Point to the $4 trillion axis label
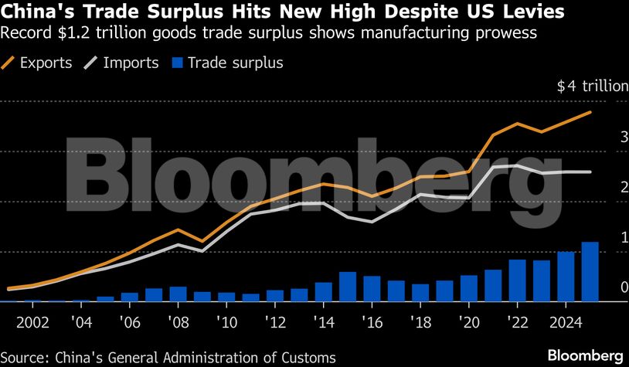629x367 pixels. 592,86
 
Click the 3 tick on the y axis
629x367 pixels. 602,138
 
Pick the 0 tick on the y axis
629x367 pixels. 602,287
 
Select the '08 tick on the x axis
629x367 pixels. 178,321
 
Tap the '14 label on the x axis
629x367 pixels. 324,321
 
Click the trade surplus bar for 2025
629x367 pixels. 590,272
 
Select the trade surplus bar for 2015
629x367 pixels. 348,287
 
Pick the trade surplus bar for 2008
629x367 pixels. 178,294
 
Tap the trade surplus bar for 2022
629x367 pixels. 517,280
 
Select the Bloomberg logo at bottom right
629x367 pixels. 585,355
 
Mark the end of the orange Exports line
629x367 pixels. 591,112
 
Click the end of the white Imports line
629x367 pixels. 591,172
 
